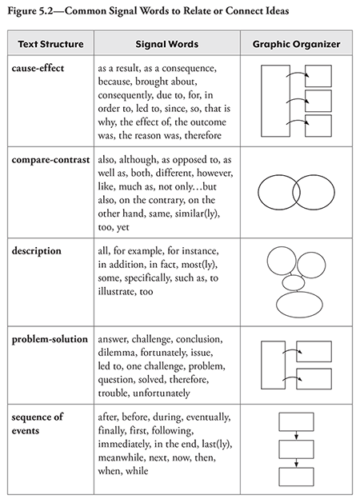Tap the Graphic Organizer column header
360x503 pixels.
(295, 44)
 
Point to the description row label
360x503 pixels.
(37, 250)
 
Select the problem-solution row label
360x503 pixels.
(50, 340)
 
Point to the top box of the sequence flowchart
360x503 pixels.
(295, 421)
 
